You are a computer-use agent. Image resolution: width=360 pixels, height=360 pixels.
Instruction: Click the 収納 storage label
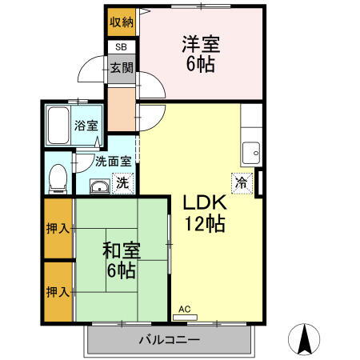click(122, 22)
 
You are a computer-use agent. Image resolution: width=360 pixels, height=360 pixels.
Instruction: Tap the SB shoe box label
click(121, 47)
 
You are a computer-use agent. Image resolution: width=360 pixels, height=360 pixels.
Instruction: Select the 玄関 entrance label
click(122, 67)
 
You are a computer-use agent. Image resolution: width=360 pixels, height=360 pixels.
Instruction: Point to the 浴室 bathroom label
click(86, 125)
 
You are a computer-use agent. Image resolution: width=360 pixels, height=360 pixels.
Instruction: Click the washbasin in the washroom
click(98, 187)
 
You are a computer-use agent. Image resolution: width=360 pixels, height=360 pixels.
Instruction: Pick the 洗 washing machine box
click(122, 182)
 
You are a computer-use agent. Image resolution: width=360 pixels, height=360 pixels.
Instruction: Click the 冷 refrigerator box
click(240, 182)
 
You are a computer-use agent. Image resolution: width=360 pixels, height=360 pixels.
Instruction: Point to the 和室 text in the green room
click(121, 249)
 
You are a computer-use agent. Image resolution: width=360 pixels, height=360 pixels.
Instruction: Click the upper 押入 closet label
click(57, 228)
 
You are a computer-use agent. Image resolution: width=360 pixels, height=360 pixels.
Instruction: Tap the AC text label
click(184, 308)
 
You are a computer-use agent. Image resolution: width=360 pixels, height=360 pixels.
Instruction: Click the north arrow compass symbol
click(305, 339)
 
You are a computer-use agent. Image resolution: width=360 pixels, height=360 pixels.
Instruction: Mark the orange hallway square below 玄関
click(122, 110)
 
